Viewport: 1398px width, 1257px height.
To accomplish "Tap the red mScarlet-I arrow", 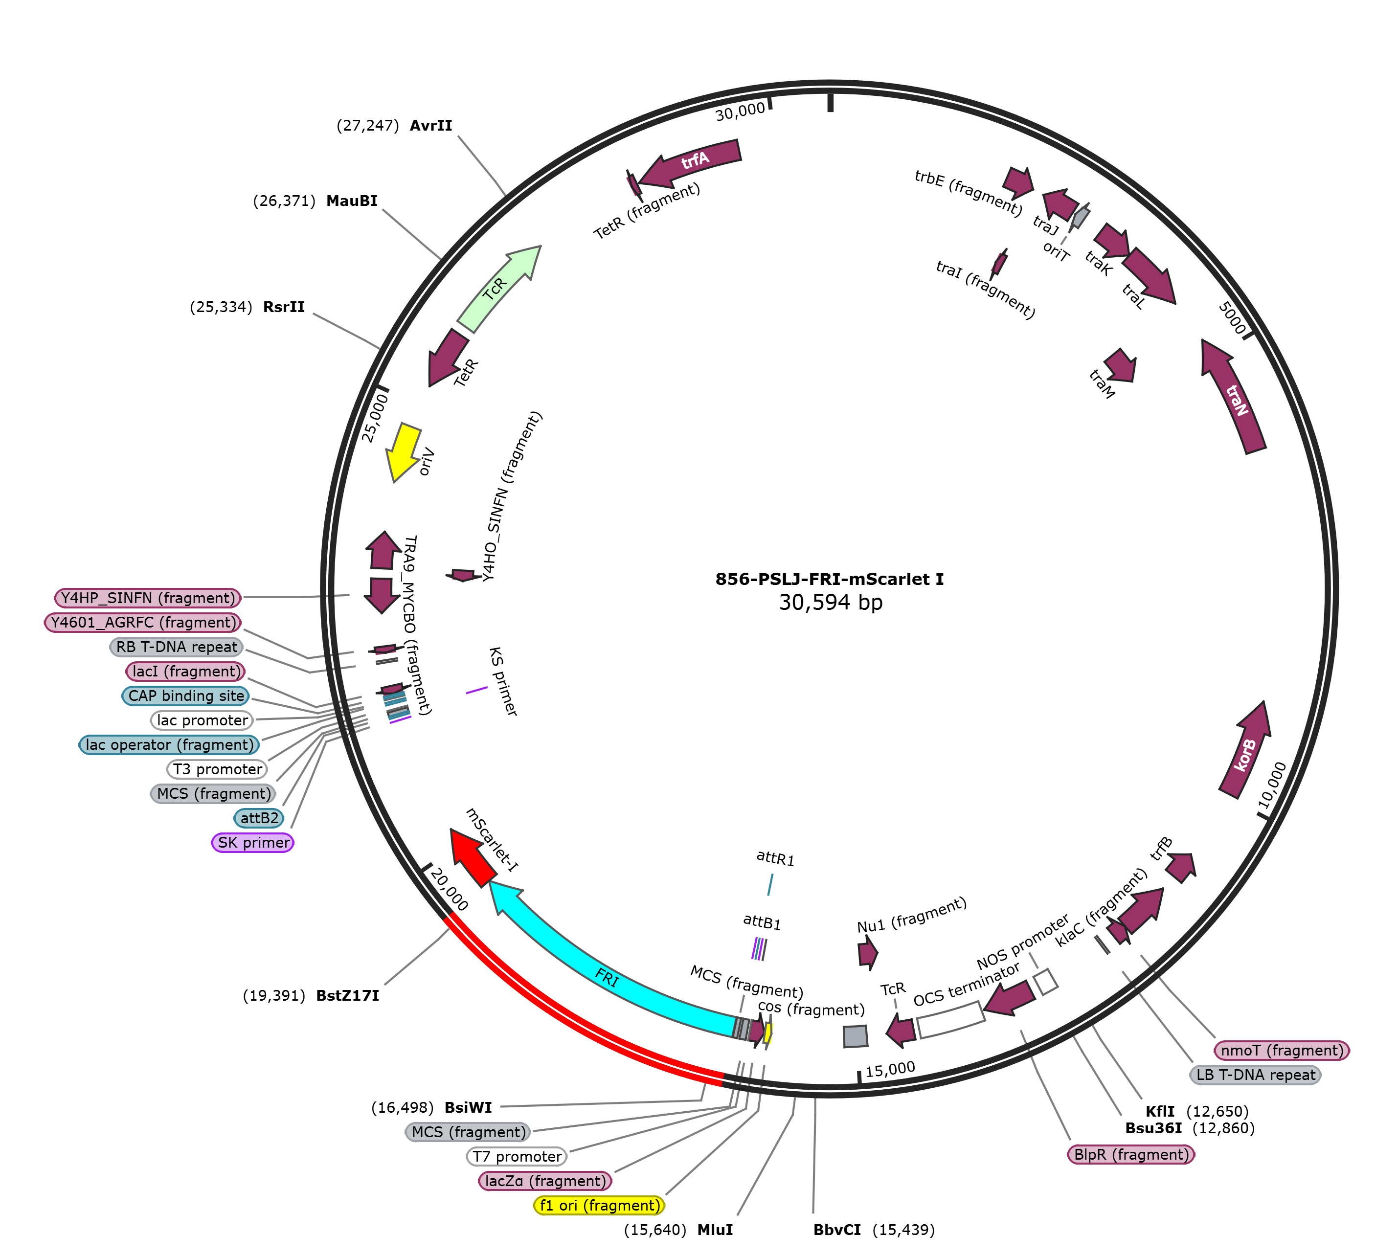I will coord(472,857).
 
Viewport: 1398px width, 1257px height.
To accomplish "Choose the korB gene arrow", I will coord(1245,753).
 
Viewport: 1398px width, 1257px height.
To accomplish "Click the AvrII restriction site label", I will coord(430,126).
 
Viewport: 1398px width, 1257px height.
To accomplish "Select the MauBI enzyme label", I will coord(352,201).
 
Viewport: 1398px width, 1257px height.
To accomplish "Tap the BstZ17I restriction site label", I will coord(347,995).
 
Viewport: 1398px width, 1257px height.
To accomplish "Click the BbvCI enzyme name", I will coord(836,1230).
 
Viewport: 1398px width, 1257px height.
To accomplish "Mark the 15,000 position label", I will coord(890,1070).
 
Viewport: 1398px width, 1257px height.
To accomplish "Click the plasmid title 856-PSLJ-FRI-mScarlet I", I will coord(829,579).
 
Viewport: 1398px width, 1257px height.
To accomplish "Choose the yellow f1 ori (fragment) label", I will coord(599,1205).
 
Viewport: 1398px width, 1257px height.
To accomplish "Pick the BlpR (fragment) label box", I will coord(1131,1154).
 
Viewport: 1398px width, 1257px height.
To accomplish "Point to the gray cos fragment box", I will coord(855,1036).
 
